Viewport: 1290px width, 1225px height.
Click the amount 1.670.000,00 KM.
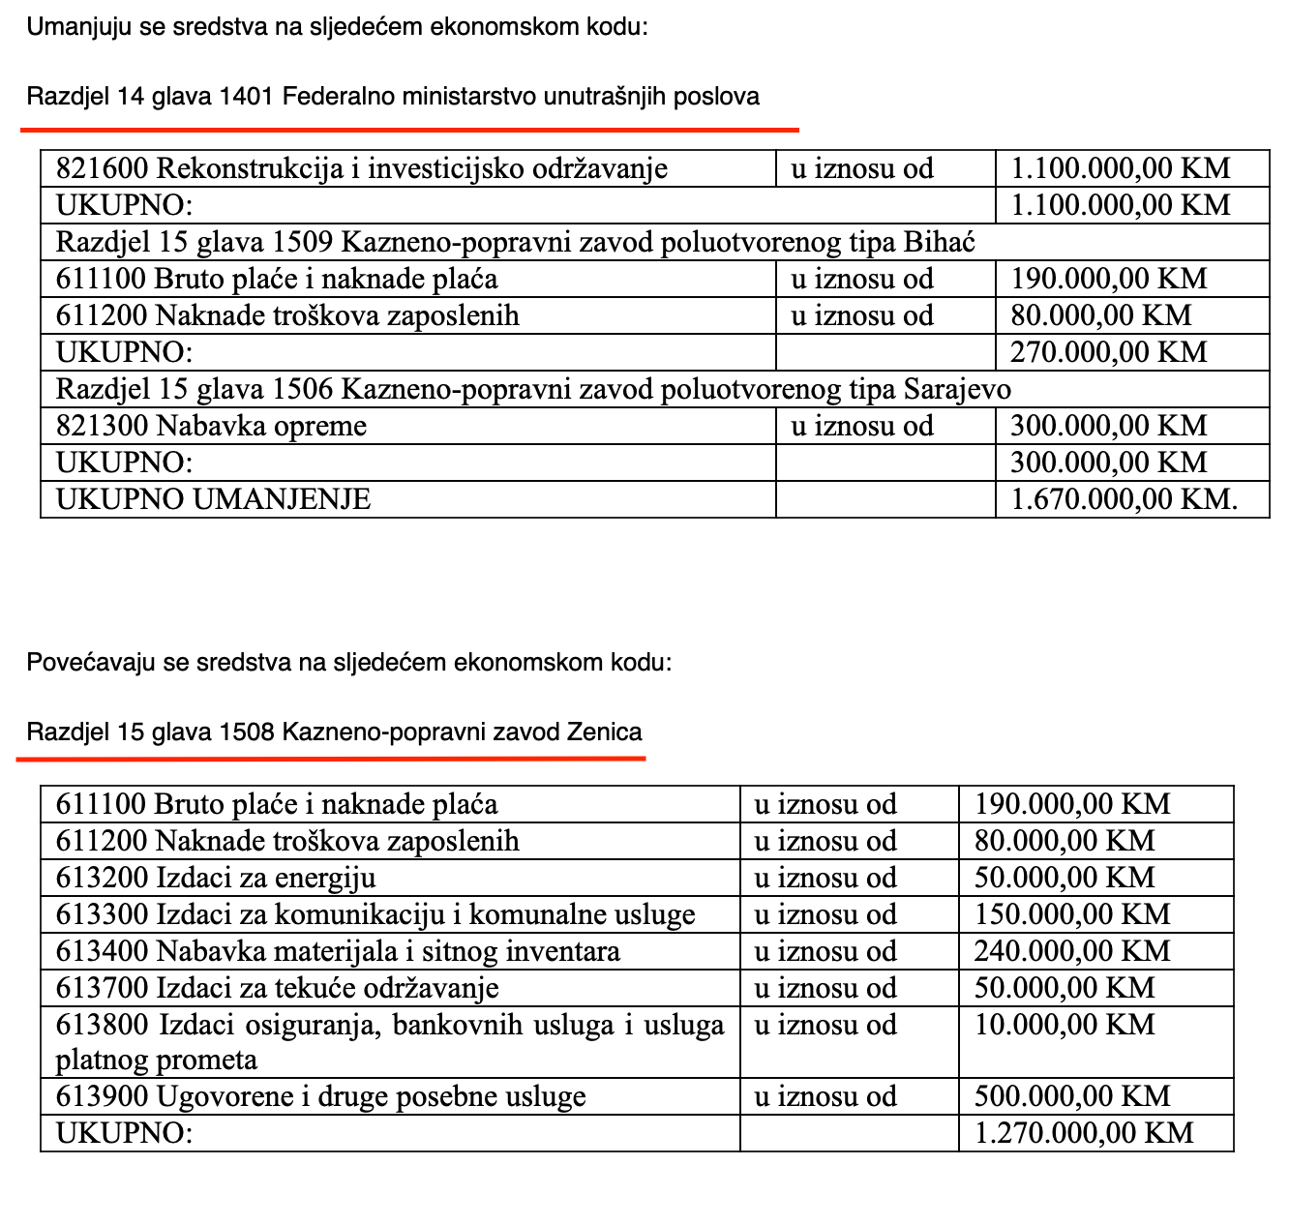1124,499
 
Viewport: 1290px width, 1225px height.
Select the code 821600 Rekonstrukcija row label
362,169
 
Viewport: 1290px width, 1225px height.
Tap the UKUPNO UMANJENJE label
213,499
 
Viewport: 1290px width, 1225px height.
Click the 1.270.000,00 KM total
1084,1133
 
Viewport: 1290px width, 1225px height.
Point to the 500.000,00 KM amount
1072,1096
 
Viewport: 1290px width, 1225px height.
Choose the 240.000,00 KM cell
1072,951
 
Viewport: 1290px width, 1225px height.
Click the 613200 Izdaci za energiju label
216,878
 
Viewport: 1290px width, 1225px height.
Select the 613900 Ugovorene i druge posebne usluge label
320,1096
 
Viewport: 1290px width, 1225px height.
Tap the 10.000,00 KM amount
1065,1025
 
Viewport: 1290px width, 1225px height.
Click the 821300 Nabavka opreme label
211,426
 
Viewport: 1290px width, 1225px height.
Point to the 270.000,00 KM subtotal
1109,352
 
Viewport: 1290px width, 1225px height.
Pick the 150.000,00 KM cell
1072,914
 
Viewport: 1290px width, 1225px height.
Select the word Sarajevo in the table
957,389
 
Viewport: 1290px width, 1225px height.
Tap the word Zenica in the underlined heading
604,732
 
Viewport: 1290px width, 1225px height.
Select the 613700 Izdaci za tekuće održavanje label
277,988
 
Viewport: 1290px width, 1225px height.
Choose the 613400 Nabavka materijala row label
338,951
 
